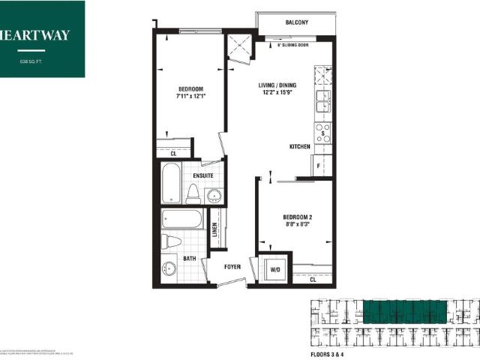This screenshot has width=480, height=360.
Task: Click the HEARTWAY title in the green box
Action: [35, 34]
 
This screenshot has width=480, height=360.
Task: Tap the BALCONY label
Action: [298, 23]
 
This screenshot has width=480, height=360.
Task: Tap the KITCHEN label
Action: [300, 147]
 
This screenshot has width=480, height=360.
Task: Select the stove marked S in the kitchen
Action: [322, 133]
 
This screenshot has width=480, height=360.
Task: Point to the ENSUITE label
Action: [202, 175]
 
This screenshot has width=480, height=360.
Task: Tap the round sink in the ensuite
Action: [214, 196]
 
